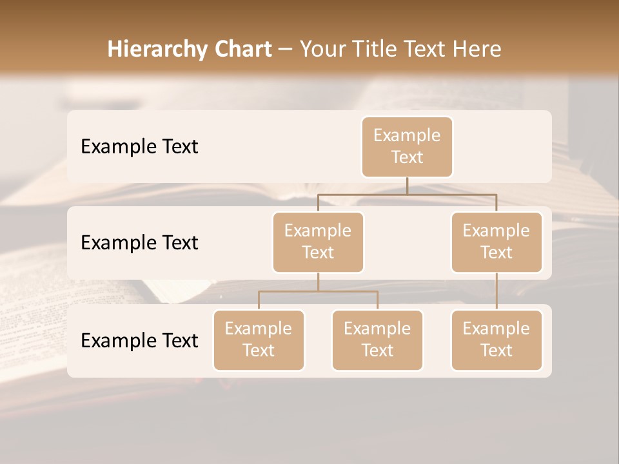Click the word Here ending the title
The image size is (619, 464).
coord(477,49)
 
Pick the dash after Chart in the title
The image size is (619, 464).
coord(285,50)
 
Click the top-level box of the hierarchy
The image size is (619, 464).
coord(407,146)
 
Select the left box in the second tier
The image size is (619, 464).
coord(318,242)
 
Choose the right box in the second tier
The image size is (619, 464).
coord(496,242)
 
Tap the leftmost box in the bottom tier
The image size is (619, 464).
coord(259,340)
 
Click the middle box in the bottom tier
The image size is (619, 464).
coord(377,340)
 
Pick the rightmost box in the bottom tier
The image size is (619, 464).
coord(496,340)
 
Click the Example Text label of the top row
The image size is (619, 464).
coord(139,147)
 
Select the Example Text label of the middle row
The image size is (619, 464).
coord(139,243)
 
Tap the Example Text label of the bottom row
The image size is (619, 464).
coord(139,341)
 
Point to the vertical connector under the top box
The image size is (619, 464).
coord(407,186)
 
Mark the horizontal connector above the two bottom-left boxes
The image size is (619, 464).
coord(318,291)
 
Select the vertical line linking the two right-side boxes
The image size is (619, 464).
coord(496,291)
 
